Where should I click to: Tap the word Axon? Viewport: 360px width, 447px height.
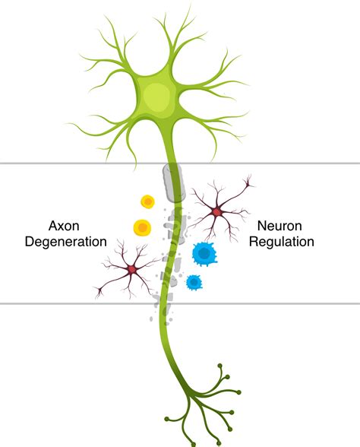[64, 226]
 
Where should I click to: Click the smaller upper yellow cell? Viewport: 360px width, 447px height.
[147, 202]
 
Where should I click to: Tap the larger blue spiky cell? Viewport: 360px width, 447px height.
[203, 252]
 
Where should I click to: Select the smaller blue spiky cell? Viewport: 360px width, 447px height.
[194, 282]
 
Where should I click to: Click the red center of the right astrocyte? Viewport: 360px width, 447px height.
[218, 211]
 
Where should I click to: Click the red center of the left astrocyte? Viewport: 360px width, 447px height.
[132, 269]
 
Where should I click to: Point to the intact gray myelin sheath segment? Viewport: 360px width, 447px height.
[172, 182]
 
